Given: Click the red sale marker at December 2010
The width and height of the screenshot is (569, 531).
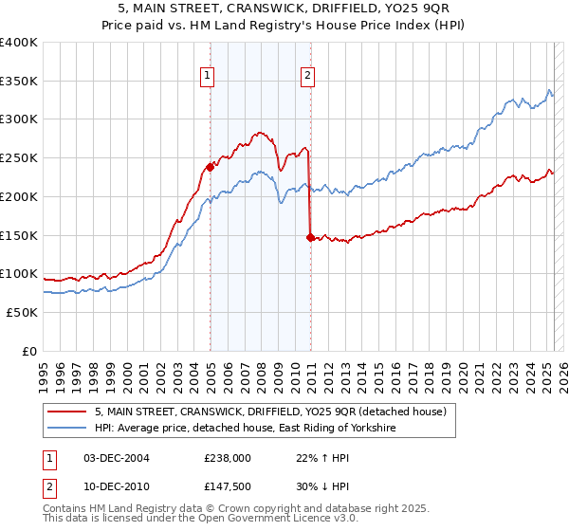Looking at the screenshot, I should (x=310, y=237).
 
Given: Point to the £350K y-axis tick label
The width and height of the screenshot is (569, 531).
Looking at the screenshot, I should (x=19, y=81).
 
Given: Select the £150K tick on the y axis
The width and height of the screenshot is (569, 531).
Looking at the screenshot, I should (x=19, y=235).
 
